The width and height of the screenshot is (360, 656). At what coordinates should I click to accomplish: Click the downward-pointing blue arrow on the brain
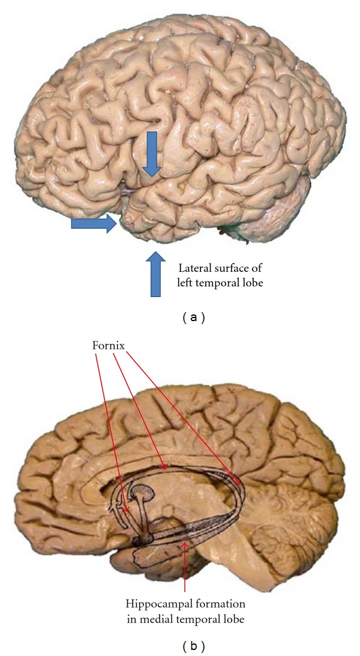(x=152, y=154)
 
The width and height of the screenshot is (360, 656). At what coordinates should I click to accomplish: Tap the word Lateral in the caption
(x=193, y=268)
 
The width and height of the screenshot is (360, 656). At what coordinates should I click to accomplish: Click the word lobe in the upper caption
(x=250, y=281)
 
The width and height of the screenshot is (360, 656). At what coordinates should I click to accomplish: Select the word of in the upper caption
(x=256, y=268)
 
